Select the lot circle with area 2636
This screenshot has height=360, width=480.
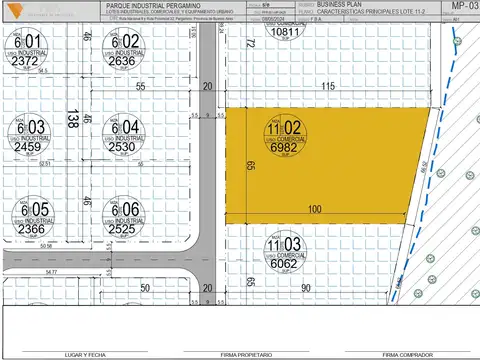click(122, 50)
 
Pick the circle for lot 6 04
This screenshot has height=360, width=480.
click(122, 136)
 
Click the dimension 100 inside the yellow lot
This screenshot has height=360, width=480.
click(316, 209)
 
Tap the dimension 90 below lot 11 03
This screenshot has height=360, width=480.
click(303, 287)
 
